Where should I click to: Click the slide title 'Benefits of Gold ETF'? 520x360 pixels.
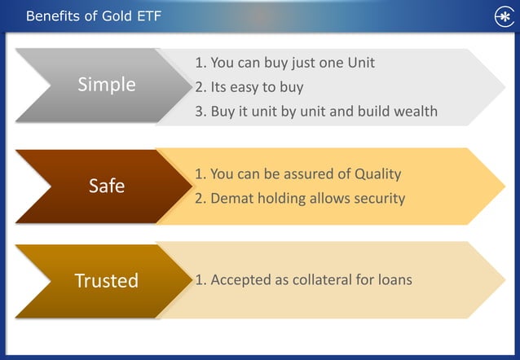[94, 16]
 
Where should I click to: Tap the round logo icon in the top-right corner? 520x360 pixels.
[503, 17]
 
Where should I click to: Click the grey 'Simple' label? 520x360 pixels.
[106, 85]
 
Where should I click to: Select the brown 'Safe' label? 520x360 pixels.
[106, 186]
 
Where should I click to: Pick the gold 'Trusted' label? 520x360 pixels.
[106, 281]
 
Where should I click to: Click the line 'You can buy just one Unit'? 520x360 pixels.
[284, 63]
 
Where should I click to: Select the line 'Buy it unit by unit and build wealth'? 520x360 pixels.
[315, 112]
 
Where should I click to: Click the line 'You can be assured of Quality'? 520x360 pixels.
[297, 173]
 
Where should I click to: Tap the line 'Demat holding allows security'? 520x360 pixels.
[299, 198]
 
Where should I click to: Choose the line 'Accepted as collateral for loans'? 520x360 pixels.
[303, 279]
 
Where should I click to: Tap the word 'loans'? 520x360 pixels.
[394, 279]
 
